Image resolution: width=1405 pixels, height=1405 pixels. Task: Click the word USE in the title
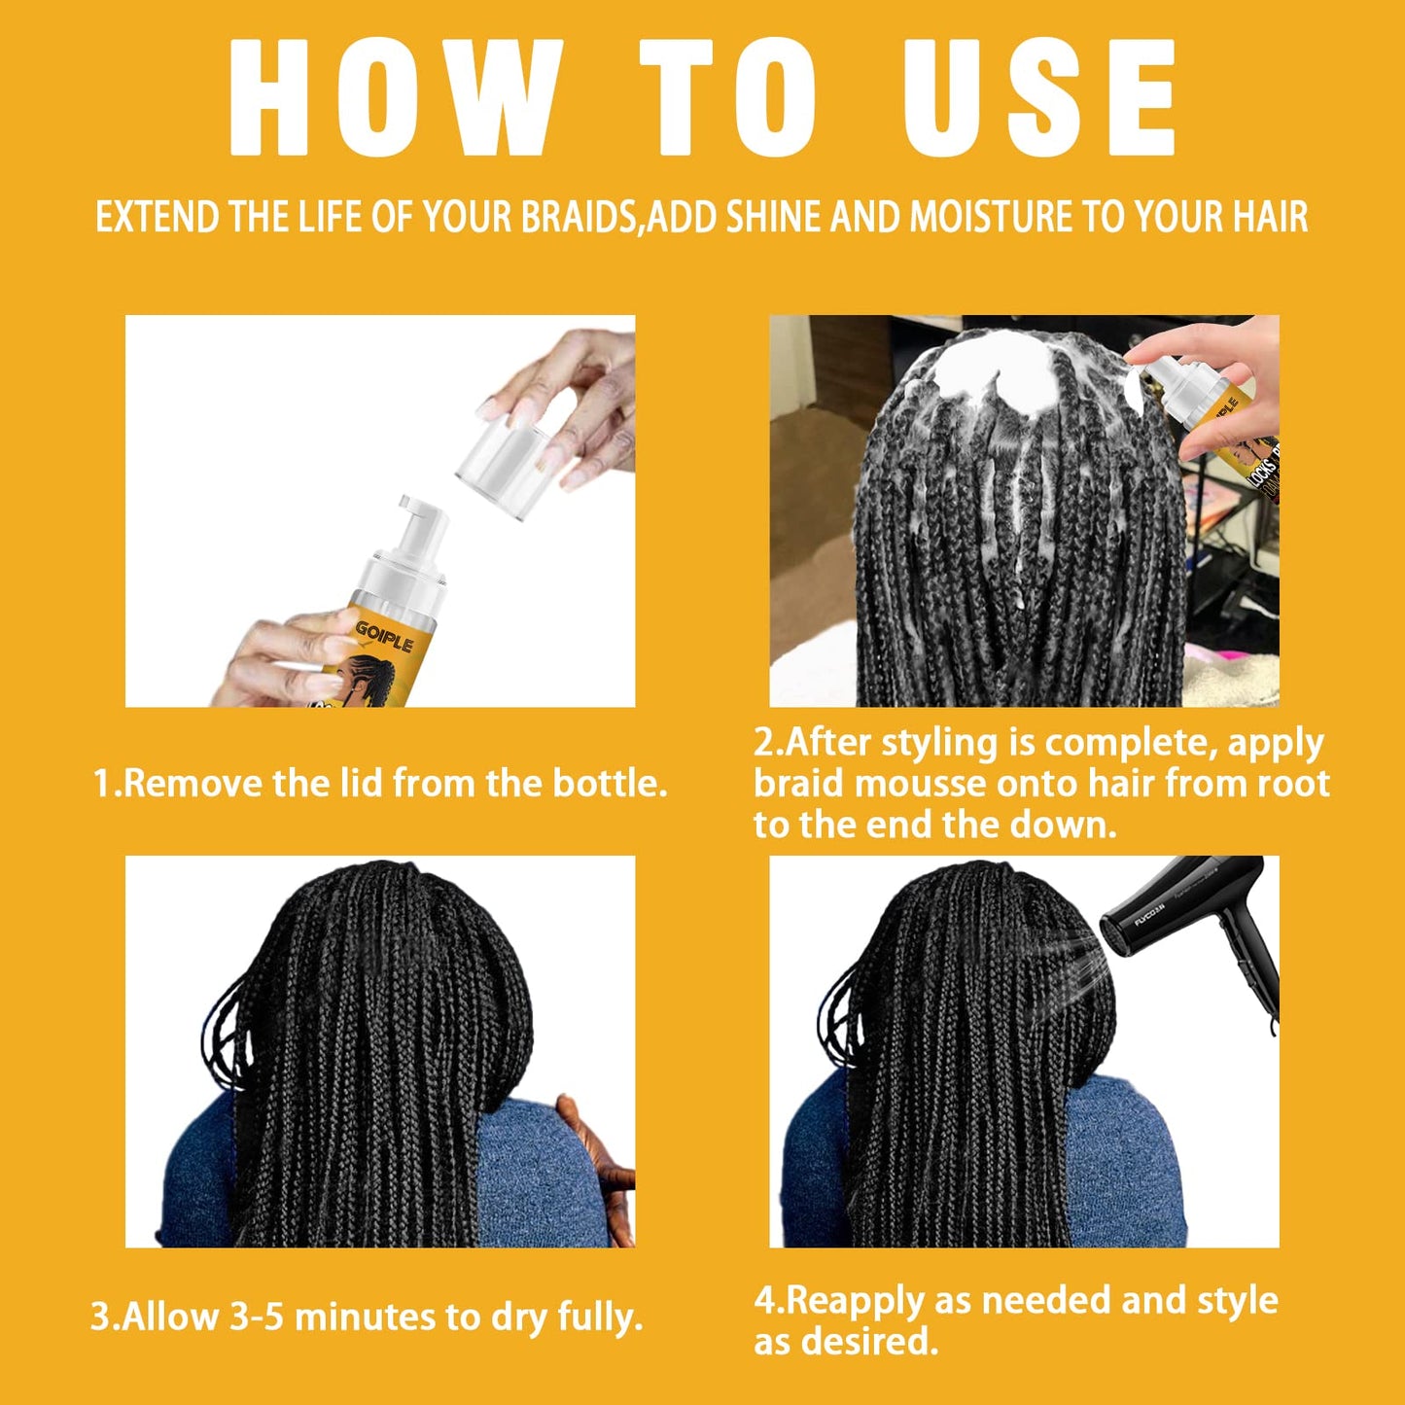tap(1039, 97)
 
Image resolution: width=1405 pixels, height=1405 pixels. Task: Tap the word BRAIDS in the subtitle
tap(578, 217)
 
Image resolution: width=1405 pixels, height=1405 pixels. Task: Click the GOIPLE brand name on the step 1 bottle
tap(384, 635)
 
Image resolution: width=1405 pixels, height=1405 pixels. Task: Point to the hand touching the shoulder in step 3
tap(598, 1167)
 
